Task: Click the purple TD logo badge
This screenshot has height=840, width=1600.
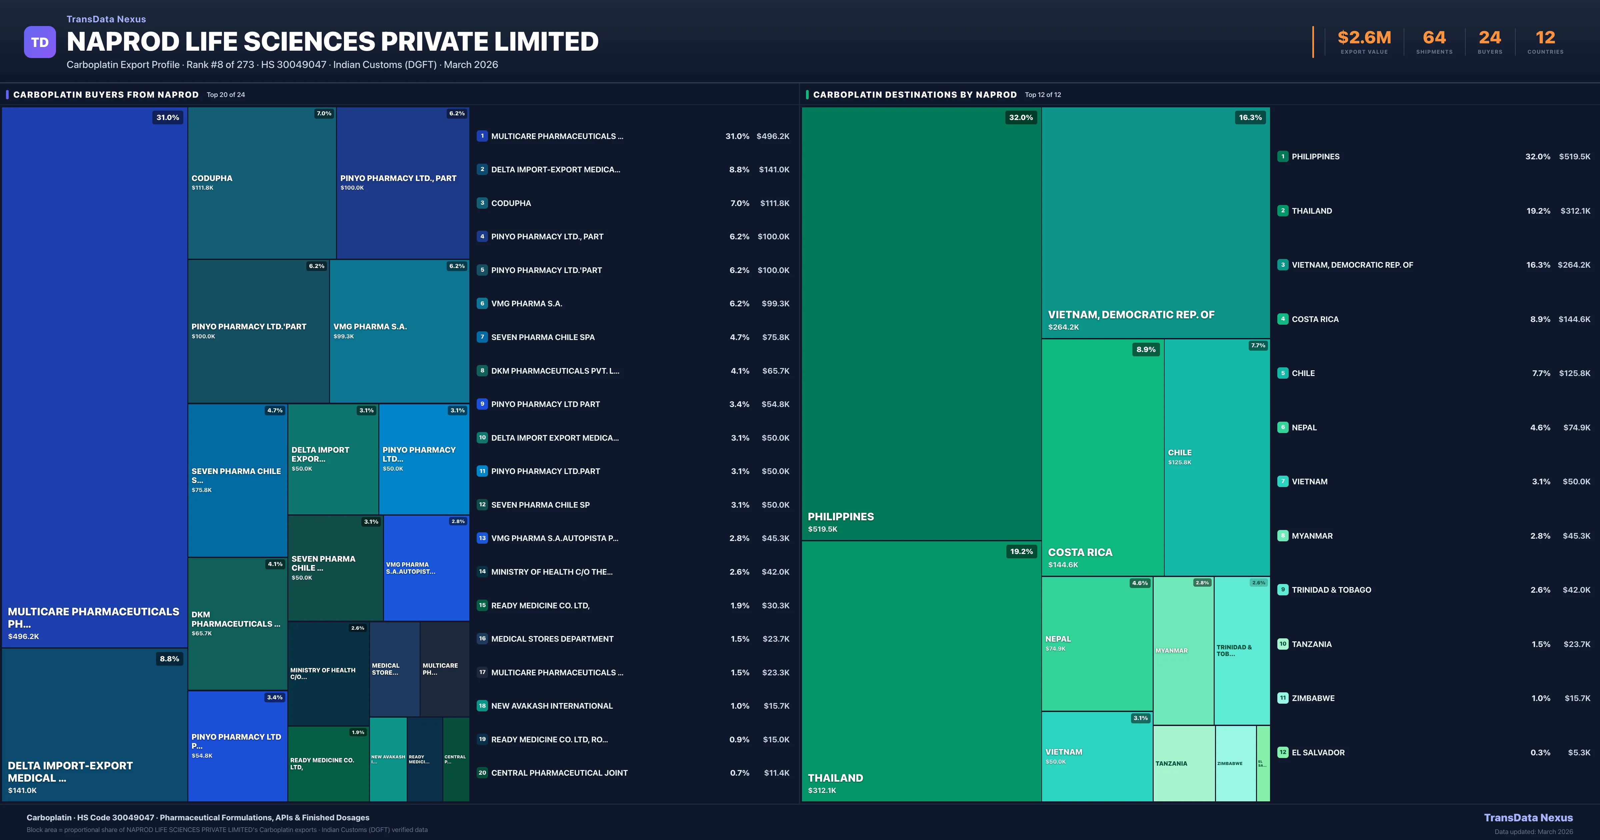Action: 40,42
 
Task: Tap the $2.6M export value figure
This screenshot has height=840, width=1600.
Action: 1364,38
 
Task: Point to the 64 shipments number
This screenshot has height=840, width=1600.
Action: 1434,38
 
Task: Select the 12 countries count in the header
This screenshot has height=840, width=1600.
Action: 1545,38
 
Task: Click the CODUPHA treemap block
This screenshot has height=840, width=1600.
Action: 261,183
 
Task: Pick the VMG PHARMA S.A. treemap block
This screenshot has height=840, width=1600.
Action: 399,331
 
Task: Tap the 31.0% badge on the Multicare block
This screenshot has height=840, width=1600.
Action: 168,117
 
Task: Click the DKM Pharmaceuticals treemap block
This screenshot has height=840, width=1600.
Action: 237,623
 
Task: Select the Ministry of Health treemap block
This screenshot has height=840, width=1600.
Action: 328,673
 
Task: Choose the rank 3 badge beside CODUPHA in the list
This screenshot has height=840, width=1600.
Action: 482,203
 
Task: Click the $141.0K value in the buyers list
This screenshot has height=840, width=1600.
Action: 774,170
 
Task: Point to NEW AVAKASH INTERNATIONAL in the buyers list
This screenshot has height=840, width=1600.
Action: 552,706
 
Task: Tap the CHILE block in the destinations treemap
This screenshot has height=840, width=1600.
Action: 1216,457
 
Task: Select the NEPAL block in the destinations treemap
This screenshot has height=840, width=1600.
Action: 1096,643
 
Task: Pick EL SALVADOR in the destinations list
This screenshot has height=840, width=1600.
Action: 1318,752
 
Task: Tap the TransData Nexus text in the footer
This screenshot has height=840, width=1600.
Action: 1528,818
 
